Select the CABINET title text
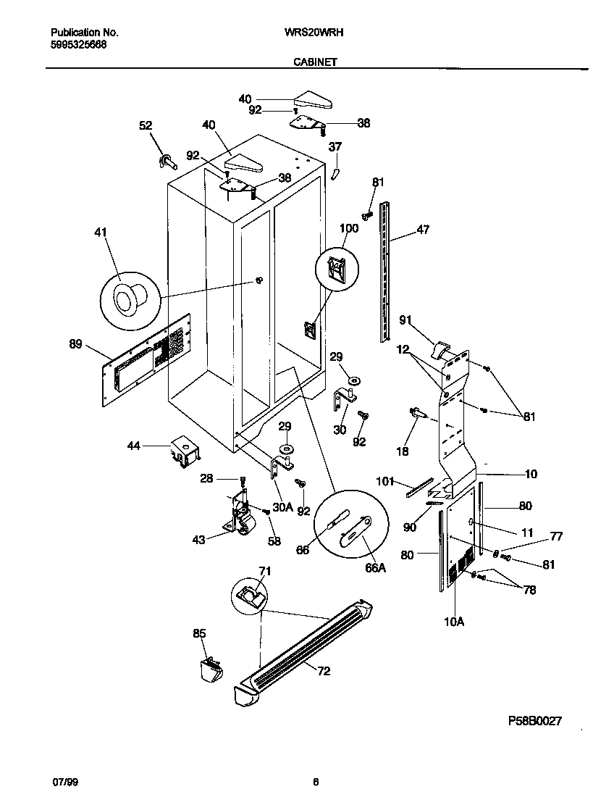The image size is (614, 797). click(x=315, y=62)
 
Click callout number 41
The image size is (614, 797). click(x=100, y=233)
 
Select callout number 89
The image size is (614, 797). click(x=75, y=345)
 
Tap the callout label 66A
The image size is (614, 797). click(x=375, y=568)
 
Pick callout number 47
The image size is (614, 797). click(x=423, y=230)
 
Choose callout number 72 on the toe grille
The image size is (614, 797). click(x=323, y=671)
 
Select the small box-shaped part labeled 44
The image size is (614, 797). click(x=184, y=451)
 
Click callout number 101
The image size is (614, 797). click(x=384, y=480)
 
